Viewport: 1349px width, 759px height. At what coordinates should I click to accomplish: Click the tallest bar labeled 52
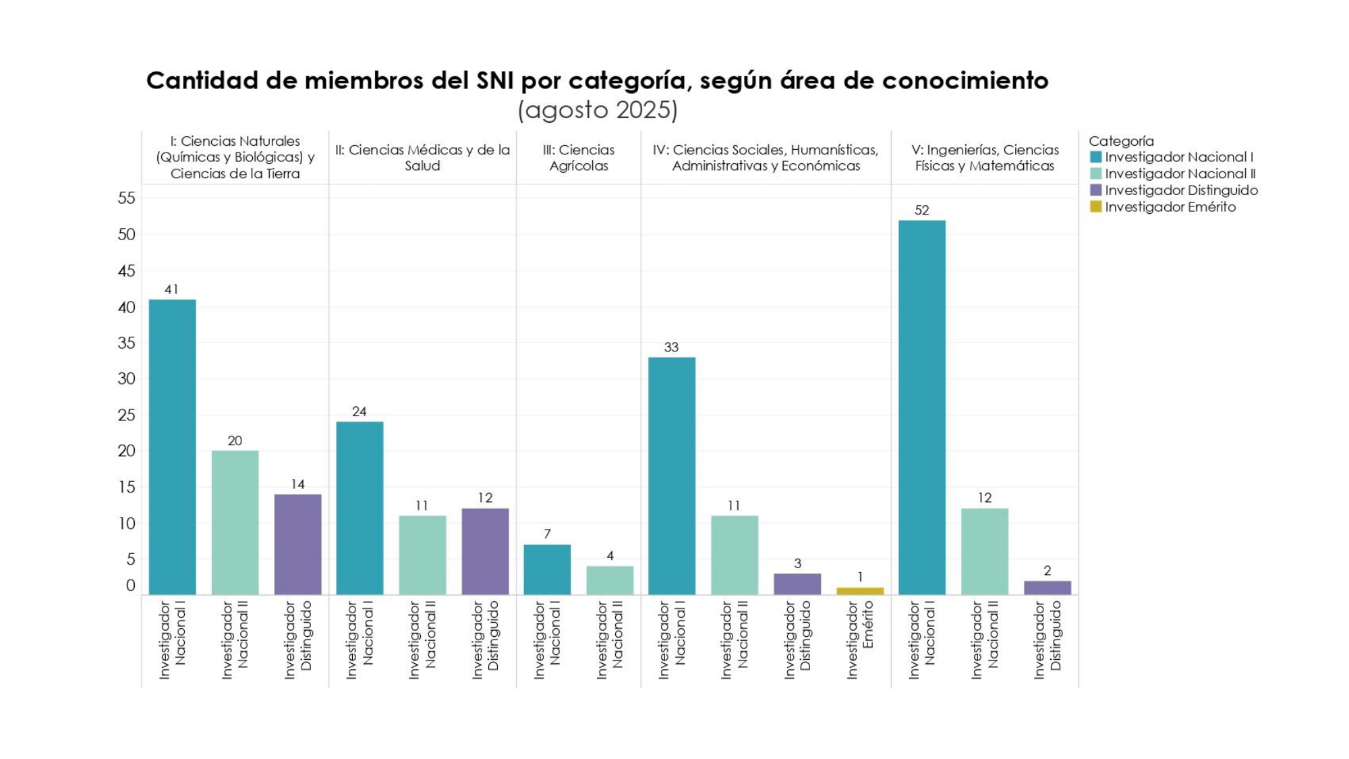click(x=921, y=407)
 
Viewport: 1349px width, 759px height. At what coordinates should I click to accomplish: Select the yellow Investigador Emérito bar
click(x=860, y=591)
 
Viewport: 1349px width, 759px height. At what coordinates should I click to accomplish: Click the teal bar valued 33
click(x=672, y=476)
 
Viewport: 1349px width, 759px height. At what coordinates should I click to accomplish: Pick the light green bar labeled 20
click(x=235, y=522)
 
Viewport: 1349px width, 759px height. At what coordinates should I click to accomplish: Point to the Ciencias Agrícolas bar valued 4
click(x=610, y=580)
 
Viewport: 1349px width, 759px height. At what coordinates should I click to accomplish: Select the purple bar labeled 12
click(x=485, y=551)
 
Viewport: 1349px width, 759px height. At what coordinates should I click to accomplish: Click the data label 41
click(x=171, y=289)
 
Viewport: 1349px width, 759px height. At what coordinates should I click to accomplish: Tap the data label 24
click(x=359, y=412)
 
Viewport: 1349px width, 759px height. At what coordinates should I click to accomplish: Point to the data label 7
click(x=547, y=534)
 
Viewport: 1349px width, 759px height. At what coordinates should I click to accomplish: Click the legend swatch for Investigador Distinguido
click(x=1096, y=190)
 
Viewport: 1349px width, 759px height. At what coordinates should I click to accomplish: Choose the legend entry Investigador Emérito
click(x=1170, y=207)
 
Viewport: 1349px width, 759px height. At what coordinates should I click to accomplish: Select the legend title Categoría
click(x=1121, y=141)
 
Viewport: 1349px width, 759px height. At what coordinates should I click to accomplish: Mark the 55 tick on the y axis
click(x=126, y=198)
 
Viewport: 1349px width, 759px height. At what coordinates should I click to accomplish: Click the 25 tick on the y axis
click(x=126, y=415)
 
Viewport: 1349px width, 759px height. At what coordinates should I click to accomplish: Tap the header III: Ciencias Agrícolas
click(x=579, y=158)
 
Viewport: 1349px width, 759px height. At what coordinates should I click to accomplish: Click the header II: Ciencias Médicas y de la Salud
click(x=422, y=158)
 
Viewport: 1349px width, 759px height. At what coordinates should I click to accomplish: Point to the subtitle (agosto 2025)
click(x=598, y=110)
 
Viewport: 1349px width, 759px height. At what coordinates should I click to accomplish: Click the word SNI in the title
click(x=496, y=81)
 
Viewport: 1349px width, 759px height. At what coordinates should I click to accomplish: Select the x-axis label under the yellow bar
click(x=860, y=640)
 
